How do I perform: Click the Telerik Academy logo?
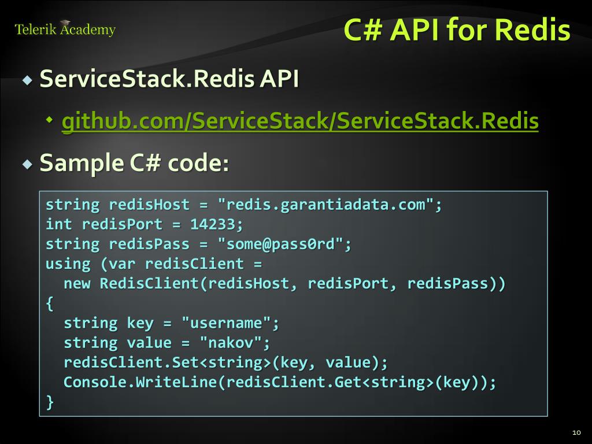tap(65, 29)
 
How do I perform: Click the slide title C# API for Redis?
tap(457, 30)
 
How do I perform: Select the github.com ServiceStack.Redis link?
tap(300, 121)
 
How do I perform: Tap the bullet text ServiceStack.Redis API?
tap(169, 79)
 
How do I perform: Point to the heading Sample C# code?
tap(134, 164)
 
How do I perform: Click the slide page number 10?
tap(576, 432)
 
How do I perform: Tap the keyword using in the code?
tap(68, 264)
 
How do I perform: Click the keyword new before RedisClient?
tap(77, 284)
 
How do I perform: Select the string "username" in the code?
tap(230, 323)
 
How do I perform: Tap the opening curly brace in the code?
tap(50, 304)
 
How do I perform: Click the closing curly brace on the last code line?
tap(50, 402)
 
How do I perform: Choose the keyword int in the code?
tap(59, 224)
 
